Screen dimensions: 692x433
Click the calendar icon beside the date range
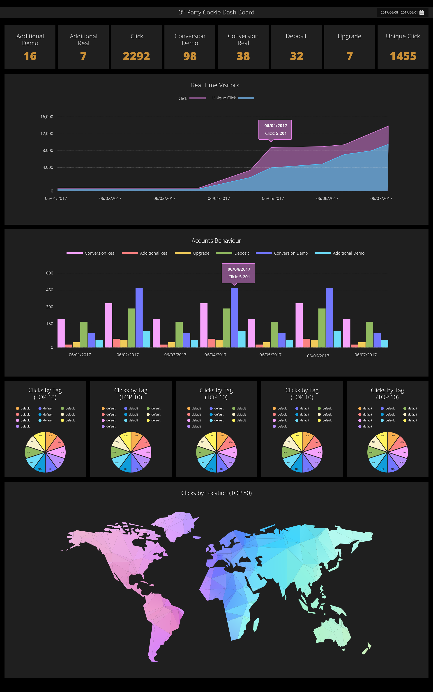pos(421,12)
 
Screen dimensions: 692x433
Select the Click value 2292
pos(136,56)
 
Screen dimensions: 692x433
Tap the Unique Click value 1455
pos(403,56)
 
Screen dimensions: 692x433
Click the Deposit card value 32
pos(296,56)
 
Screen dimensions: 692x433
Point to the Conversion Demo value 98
pos(190,56)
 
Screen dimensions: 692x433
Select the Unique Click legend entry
pos(233,98)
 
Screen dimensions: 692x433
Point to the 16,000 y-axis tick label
pos(47,117)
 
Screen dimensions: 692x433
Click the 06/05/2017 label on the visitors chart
pos(273,199)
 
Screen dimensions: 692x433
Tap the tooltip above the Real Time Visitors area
pos(275,130)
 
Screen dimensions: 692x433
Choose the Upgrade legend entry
pos(192,253)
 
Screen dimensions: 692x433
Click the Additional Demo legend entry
pos(339,253)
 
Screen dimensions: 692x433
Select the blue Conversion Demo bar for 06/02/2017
pos(139,317)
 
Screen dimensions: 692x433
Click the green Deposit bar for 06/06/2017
pos(322,328)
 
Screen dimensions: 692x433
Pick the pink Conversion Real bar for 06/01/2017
pos(61,333)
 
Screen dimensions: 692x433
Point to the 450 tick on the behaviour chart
pos(50,290)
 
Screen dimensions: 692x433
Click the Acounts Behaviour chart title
pos(216,241)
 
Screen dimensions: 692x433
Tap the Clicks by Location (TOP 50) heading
pos(216,493)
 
